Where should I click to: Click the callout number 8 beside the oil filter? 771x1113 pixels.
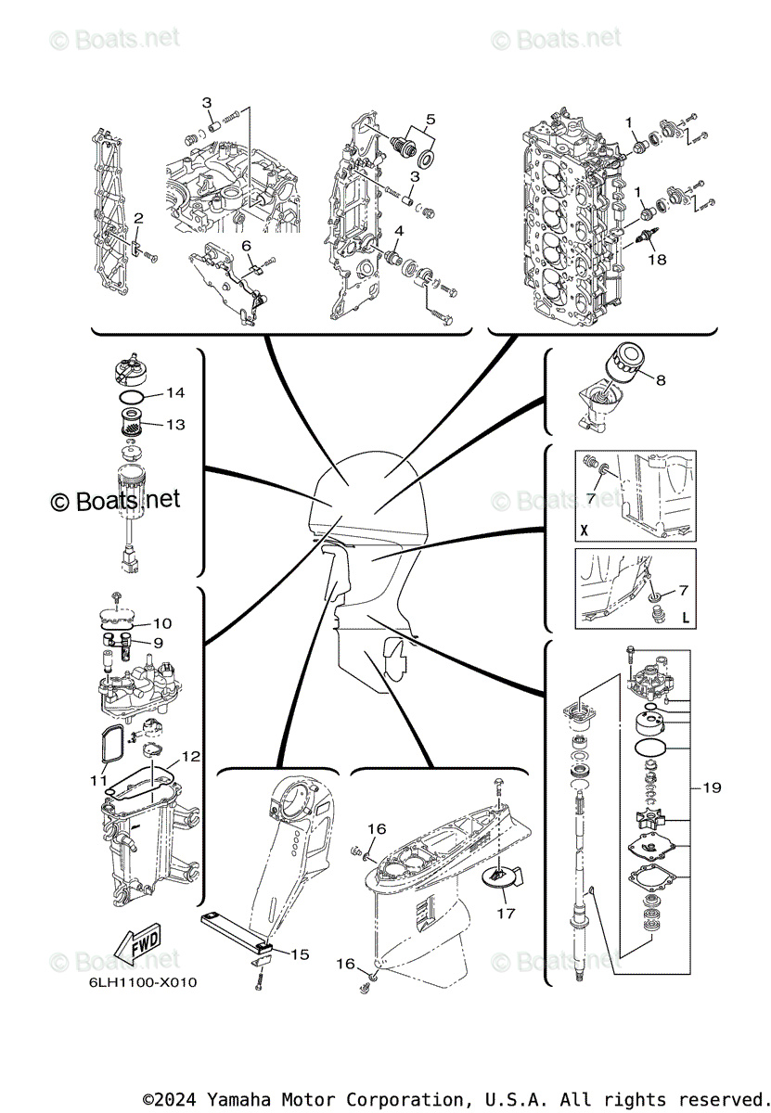pos(661,379)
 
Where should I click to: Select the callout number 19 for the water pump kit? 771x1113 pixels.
pos(712,788)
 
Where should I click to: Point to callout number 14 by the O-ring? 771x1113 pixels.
pos(176,393)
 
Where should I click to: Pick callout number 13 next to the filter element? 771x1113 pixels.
pos(176,424)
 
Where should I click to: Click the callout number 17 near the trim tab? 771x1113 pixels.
pos(506,913)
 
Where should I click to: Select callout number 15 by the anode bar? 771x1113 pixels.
pos(300,953)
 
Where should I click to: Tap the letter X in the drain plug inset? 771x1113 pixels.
pos(584,532)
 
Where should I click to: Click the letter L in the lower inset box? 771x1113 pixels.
pos(686,617)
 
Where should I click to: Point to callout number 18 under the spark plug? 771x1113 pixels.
pos(657,260)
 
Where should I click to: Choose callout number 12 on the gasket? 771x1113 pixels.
pos(190,757)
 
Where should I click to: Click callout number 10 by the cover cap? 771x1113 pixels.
pos(162,623)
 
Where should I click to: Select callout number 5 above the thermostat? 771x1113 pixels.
pos(430,119)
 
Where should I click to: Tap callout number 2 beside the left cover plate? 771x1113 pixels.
pos(137,218)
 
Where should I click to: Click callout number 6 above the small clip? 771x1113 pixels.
pos(247,245)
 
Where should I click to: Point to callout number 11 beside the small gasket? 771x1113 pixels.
pos(98,781)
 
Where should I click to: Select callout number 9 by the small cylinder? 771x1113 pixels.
pos(158,642)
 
